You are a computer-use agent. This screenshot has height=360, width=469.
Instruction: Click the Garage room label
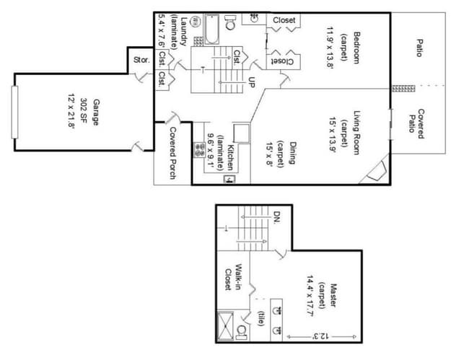point(96,112)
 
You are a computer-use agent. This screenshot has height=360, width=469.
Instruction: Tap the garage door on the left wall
point(14,112)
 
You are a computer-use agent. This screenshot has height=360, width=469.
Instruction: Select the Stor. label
point(141,60)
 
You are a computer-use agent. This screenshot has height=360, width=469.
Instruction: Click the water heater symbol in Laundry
point(196,22)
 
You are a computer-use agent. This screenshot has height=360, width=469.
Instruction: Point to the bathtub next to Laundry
point(212,30)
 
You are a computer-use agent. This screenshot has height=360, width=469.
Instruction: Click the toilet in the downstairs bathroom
point(230,22)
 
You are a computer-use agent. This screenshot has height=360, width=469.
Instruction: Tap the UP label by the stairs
point(252,82)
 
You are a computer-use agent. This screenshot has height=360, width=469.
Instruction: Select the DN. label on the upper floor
point(277,218)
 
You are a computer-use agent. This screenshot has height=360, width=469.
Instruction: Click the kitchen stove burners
point(199,150)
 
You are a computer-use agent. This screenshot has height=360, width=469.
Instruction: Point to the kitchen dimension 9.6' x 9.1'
point(211,150)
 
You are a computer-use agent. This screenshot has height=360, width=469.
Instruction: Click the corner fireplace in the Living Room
point(377,171)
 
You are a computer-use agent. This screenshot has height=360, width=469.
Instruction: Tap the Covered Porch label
point(173,153)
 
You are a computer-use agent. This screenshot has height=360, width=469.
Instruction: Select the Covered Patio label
point(416,124)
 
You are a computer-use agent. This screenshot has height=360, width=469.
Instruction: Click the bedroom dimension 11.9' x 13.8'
point(330,48)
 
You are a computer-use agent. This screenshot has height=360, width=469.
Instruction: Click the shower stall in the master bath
point(225,326)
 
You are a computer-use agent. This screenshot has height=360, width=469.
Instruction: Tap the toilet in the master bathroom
point(242,332)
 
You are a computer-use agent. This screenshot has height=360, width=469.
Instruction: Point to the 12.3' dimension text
point(321,335)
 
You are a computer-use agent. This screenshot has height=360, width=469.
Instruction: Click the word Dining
point(292,153)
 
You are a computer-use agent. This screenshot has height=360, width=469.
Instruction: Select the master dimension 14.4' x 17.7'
point(310,296)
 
